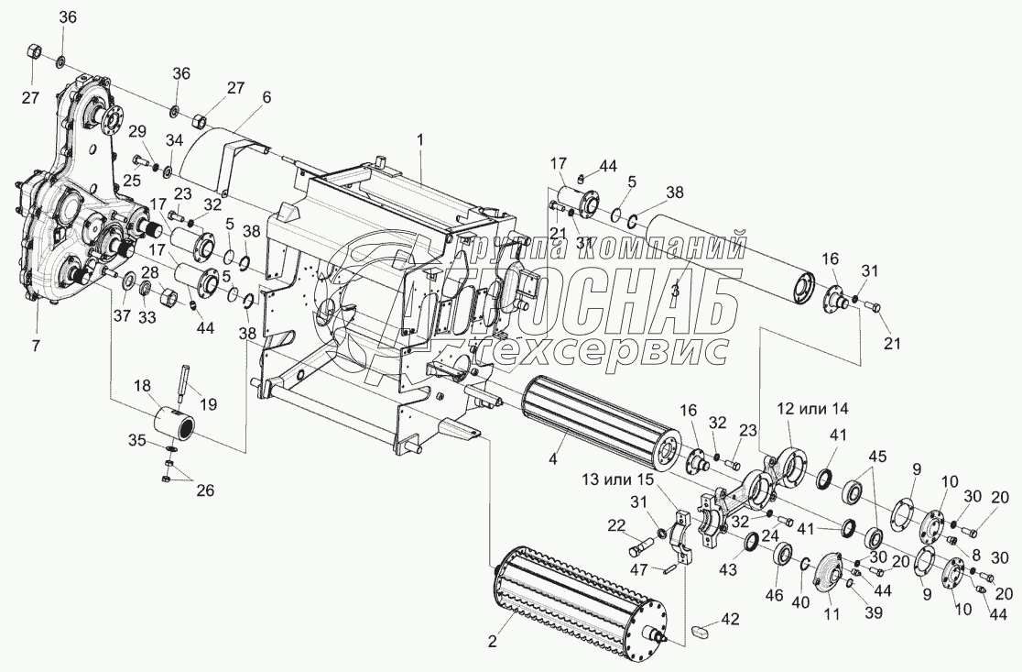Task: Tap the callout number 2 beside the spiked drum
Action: point(493,642)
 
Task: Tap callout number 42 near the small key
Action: point(730,619)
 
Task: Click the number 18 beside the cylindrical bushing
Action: point(143,387)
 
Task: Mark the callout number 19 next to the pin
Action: point(209,401)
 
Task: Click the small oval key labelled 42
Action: point(703,633)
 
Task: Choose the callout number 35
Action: point(137,440)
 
